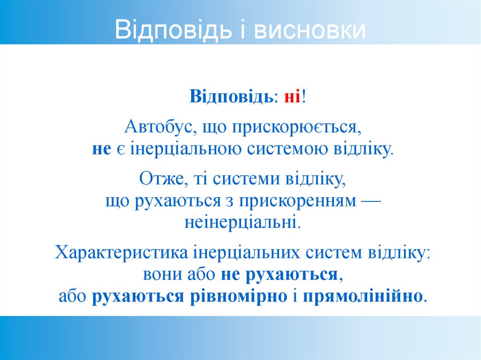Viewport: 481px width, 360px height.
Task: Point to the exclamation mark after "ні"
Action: tap(304, 97)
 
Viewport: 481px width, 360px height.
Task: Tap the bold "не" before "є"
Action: tap(101, 149)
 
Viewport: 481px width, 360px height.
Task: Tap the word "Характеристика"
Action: tap(121, 252)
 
